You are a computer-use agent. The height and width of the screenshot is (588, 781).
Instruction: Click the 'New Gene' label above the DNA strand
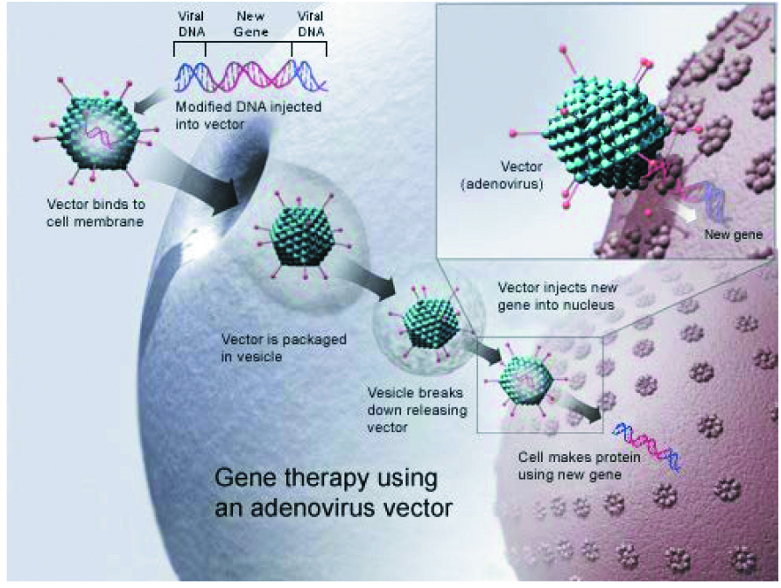[x=251, y=24]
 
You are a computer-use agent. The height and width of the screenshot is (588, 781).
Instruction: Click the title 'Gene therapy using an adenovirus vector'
[x=334, y=493]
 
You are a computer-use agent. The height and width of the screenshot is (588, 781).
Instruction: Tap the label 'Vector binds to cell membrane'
[x=95, y=213]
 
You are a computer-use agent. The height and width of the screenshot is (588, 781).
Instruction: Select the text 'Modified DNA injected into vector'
[x=248, y=115]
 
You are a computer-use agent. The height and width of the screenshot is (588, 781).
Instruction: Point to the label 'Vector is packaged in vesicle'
[x=284, y=348]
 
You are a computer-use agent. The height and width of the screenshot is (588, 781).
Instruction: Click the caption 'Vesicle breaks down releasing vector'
[x=417, y=409]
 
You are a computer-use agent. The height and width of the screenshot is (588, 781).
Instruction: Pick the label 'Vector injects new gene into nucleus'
[x=558, y=297]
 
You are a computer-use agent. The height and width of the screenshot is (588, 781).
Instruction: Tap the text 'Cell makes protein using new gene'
[x=579, y=465]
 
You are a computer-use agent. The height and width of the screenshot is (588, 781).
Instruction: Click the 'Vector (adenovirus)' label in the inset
[x=502, y=175]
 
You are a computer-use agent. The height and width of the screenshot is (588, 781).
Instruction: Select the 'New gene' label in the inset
[x=733, y=234]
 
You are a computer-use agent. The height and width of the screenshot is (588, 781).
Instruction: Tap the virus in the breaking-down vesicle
[x=431, y=324]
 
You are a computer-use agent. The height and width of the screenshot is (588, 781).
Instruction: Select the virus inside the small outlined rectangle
[x=526, y=381]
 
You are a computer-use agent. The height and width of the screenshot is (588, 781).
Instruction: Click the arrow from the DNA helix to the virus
[x=150, y=100]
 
